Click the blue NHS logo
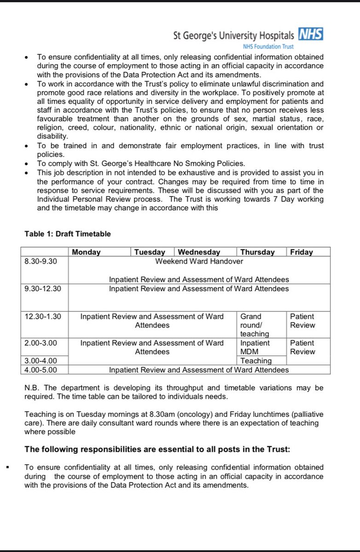coord(311,34)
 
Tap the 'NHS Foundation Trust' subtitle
coord(268,46)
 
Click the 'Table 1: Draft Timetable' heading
coord(68,234)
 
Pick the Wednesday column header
coord(199,252)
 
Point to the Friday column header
coord(302,252)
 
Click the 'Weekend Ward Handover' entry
coord(199,261)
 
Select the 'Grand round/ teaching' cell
coord(255,325)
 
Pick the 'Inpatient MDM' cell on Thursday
coord(255,347)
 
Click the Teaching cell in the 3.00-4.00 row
coord(256,361)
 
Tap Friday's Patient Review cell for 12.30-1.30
coord(302,321)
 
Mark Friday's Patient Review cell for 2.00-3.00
coord(302,347)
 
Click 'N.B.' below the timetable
coord(33,388)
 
